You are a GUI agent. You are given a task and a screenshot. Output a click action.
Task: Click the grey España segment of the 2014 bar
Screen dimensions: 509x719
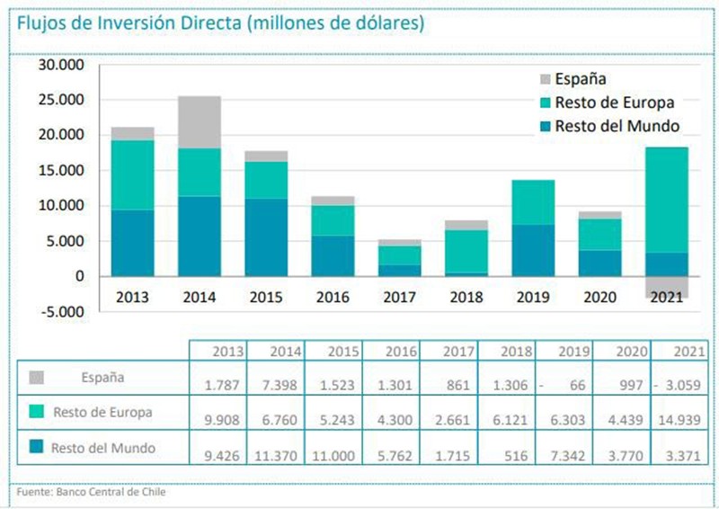[200, 122]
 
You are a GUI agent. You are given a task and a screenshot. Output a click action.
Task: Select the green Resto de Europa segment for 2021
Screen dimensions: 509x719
[667, 200]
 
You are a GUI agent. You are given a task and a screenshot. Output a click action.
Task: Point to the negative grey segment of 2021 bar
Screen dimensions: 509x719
[667, 286]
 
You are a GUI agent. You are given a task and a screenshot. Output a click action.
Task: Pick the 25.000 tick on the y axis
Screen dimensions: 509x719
[59, 100]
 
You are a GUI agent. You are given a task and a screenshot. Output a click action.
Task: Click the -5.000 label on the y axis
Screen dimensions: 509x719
[59, 312]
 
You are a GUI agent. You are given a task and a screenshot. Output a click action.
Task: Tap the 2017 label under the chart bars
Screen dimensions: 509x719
[399, 297]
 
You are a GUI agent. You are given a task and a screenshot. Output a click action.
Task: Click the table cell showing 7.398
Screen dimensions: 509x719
[278, 385]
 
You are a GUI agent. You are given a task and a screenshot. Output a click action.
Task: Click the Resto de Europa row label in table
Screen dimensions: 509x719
[102, 413]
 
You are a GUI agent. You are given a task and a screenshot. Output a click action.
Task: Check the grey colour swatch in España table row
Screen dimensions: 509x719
[36, 378]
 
